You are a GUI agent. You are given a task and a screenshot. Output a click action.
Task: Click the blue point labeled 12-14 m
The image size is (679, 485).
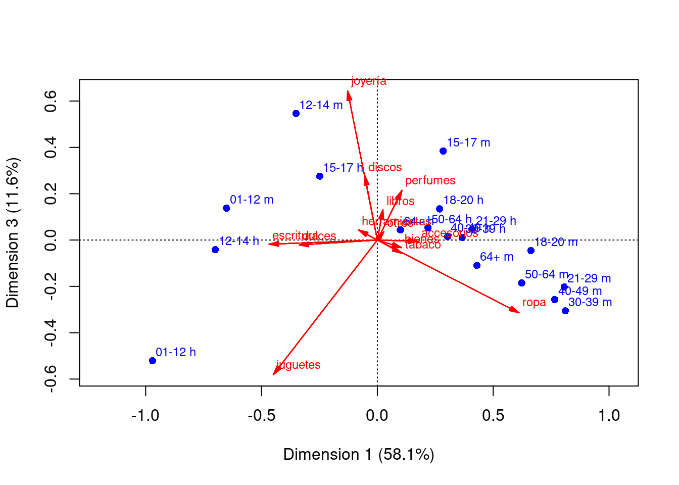coord(296,114)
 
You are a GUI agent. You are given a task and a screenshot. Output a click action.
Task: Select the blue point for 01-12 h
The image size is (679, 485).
coord(153,361)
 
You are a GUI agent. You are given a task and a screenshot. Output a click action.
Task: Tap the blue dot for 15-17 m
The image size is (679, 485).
coord(443,151)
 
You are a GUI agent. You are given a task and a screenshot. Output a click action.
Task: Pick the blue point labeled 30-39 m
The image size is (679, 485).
coord(565,311)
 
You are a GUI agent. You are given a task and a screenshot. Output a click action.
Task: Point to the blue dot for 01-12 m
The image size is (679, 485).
coord(226,208)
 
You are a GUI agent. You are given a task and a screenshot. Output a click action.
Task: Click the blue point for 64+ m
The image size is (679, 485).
coord(477,266)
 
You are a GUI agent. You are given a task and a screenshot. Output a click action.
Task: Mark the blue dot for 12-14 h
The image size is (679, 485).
coord(215,250)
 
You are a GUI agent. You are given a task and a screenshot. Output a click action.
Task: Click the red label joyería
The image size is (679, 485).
coord(369,81)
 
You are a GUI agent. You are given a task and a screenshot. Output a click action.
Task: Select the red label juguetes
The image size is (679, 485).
coord(299,365)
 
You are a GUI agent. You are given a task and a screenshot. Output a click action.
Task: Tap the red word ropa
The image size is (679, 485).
coord(534,303)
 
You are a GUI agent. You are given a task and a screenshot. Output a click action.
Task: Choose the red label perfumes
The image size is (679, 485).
coord(430,180)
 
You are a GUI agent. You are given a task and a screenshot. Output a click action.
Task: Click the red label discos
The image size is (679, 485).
coord(385,168)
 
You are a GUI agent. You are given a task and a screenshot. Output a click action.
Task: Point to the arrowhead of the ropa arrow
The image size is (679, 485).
coord(519,313)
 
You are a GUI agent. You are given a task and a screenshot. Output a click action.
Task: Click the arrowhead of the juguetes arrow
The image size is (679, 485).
coord(273,374)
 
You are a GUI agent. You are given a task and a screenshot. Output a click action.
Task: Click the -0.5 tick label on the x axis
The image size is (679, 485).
coord(261,416)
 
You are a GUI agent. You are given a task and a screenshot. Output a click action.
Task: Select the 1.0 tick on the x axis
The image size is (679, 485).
coord(609,416)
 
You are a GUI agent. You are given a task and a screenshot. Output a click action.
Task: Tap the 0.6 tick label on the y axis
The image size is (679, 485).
coord(51,102)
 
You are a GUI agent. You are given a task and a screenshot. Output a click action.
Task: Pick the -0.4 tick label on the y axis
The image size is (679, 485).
coord(51,333)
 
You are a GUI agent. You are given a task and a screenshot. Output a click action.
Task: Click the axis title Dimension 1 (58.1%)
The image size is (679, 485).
coord(359,455)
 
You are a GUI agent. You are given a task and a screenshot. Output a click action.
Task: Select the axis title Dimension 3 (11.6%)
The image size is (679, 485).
coord(13,233)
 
